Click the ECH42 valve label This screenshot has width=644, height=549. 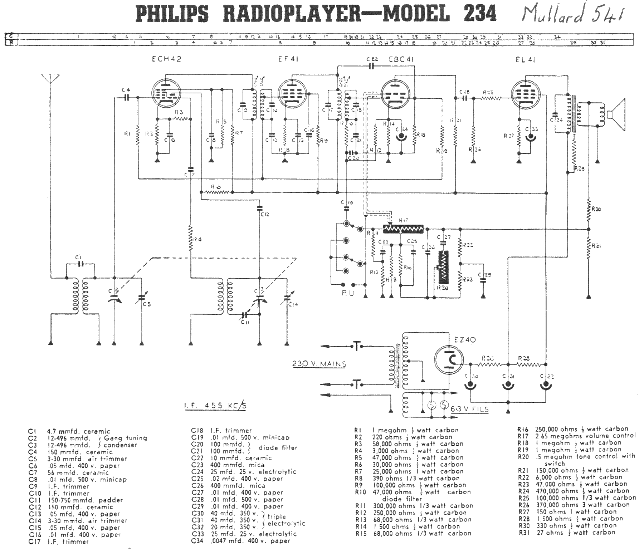coord(166,59)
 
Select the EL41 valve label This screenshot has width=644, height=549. coord(525,60)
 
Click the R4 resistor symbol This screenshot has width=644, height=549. coord(191,238)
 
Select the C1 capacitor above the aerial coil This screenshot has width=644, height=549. coord(80,264)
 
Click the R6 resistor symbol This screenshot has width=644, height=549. coord(216,192)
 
